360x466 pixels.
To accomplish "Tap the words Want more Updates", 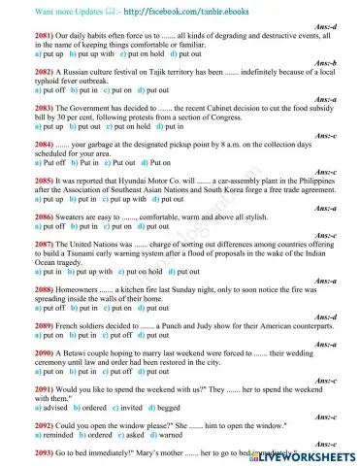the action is [x=47, y=10].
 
